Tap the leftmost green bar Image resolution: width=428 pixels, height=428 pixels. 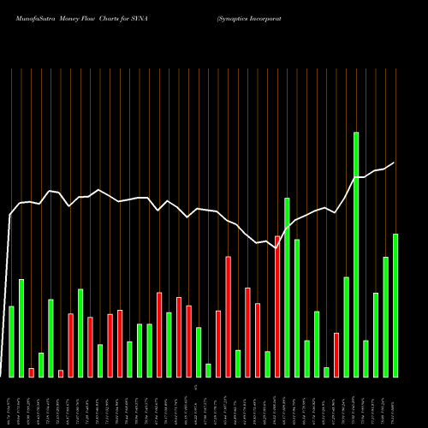click(x=11, y=342)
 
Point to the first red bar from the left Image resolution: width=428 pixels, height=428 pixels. click(x=31, y=372)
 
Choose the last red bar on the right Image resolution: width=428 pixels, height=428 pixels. click(x=336, y=354)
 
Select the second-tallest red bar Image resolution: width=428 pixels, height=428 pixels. click(x=229, y=317)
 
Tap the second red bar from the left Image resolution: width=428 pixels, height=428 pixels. click(x=61, y=373)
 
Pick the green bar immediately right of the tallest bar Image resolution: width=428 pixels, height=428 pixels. click(x=366, y=359)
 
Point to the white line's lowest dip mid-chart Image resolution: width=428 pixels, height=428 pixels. click(x=276, y=248)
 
